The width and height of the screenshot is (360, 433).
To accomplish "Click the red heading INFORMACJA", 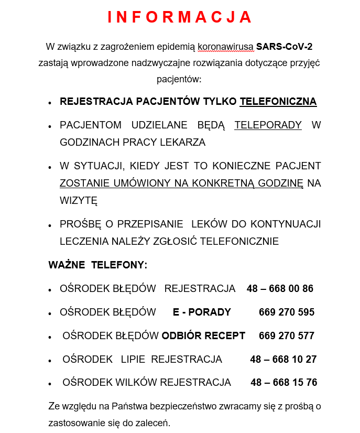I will coord(180,17).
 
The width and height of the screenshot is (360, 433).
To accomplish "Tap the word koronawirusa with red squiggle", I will coord(225,47).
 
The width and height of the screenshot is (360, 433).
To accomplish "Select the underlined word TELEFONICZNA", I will coord(278,101).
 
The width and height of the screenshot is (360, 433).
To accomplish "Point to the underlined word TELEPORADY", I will coord(268,125).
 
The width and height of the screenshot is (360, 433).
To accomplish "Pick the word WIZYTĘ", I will coord(79,200).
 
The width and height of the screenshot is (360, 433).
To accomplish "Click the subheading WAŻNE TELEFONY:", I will coord(98,265).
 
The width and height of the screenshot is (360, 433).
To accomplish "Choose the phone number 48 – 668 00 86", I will coord(280,289).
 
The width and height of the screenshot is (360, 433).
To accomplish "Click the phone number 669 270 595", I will coord(287,312).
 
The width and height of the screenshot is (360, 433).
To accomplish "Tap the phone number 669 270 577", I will coord(287,335).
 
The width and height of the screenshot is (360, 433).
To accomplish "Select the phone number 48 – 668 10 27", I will coord(283,360).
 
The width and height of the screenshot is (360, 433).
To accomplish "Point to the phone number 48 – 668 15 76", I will coord(283,383).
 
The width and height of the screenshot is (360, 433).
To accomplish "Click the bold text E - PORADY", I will coord(202,312).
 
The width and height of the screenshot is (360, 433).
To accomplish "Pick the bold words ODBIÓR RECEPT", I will coord(203,335).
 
